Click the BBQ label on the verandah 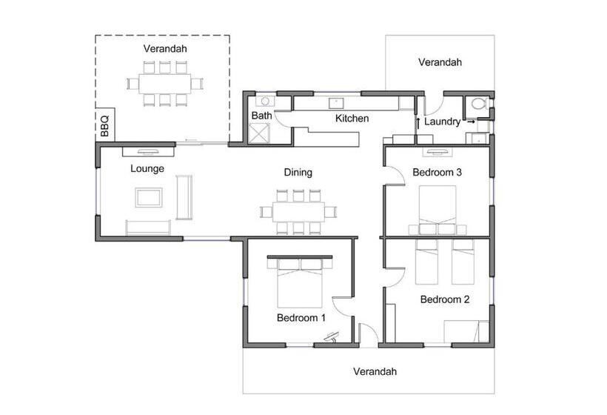[x=104, y=126]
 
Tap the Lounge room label [x=147, y=168]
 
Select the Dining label [x=298, y=173]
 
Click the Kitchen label [x=352, y=118]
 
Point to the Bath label [x=262, y=116]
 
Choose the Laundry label [x=442, y=122]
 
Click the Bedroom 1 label [x=301, y=318]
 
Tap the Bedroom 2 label [x=445, y=299]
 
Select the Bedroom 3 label [x=437, y=172]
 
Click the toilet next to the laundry [x=479, y=104]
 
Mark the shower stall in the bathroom [x=258, y=133]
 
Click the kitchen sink [x=336, y=103]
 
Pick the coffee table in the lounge [x=149, y=197]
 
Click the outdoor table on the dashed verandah [x=165, y=83]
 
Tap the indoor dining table [x=298, y=212]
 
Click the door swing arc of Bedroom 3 [x=399, y=170]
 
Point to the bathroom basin [x=265, y=101]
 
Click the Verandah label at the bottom [x=375, y=371]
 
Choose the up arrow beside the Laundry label [x=418, y=123]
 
